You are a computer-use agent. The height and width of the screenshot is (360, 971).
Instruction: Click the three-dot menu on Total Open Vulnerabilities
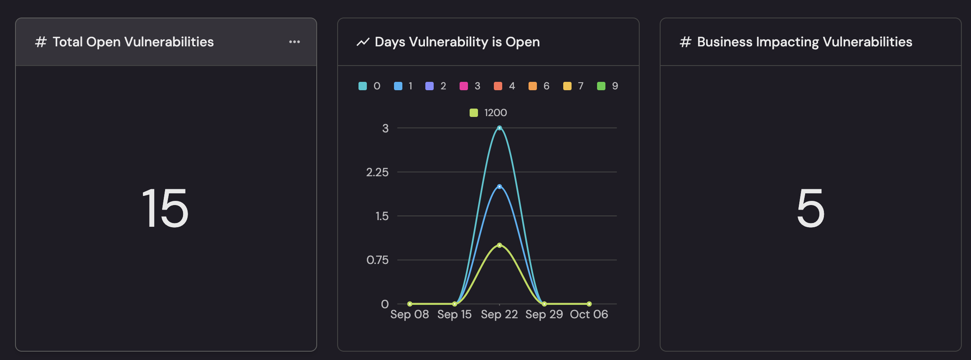click(295, 42)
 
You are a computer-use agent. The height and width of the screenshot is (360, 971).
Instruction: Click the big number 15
click(165, 208)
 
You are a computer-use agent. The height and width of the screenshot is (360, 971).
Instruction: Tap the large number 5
click(811, 208)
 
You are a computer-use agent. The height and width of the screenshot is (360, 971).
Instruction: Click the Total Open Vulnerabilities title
click(133, 42)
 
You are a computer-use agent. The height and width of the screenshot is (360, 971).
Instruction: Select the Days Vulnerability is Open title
click(457, 42)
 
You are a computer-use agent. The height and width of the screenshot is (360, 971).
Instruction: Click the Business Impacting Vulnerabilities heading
click(804, 42)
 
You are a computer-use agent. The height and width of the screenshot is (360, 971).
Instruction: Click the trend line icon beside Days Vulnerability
click(363, 42)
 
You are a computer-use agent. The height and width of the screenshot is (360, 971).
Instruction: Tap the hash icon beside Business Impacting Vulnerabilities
click(685, 42)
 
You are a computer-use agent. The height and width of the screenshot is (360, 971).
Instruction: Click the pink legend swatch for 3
click(464, 86)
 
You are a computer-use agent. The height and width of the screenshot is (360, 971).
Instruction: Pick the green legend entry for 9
click(608, 86)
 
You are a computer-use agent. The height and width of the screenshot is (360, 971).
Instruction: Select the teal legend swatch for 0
click(363, 86)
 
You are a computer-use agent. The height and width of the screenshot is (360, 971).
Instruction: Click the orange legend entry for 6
click(539, 86)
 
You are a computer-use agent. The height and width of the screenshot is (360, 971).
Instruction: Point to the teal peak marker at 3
click(499, 128)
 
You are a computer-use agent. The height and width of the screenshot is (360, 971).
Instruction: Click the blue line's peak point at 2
click(499, 187)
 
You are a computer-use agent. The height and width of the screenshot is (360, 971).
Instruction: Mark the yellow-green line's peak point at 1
click(499, 245)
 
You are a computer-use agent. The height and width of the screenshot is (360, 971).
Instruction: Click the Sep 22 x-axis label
click(499, 314)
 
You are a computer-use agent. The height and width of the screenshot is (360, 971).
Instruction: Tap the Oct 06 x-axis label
click(589, 314)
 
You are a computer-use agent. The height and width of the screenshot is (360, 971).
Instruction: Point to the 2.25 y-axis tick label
click(377, 172)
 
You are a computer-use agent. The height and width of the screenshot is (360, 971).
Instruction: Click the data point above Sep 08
click(410, 304)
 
